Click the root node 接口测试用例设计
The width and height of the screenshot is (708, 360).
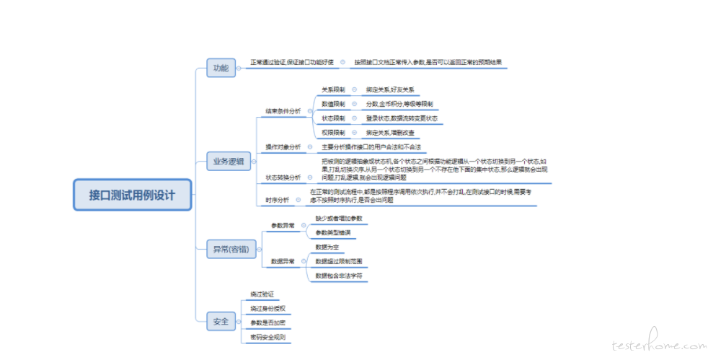tap(132, 195)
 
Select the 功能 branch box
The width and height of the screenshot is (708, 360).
tap(221, 68)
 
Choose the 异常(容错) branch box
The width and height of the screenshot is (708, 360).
tap(230, 249)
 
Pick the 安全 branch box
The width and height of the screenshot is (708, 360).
tap(221, 320)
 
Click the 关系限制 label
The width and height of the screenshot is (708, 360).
tap(333, 89)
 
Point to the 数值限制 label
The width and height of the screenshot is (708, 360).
tap(333, 104)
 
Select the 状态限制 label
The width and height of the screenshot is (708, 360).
tap(333, 118)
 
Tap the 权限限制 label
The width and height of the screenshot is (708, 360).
tap(333, 133)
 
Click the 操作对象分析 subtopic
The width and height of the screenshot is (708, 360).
tap(283, 147)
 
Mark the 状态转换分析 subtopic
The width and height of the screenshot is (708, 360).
tap(283, 177)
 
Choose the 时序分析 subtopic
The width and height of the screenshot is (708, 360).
tap(277, 200)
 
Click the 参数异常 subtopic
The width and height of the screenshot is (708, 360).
tap(283, 225)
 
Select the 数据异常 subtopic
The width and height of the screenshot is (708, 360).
tap(283, 261)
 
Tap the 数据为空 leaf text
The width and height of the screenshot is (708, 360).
tap(327, 247)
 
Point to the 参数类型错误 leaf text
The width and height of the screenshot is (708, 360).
tap(332, 232)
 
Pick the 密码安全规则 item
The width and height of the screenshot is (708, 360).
tap(267, 337)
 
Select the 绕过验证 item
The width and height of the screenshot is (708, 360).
tap(262, 294)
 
